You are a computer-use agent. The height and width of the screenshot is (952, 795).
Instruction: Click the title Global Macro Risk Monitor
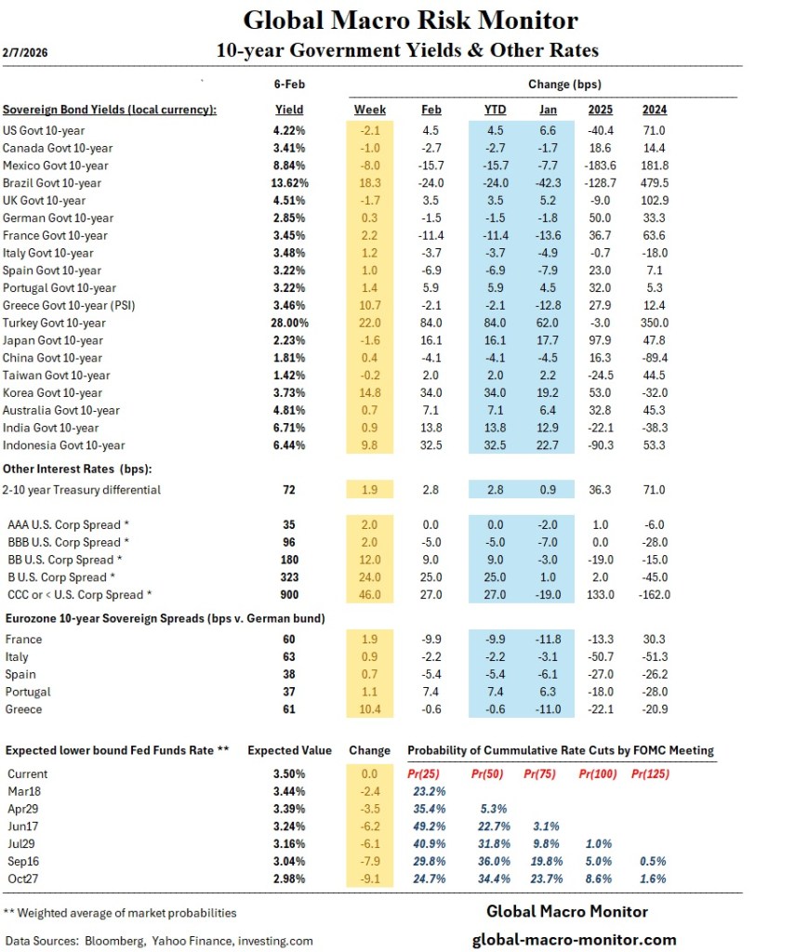[410, 20]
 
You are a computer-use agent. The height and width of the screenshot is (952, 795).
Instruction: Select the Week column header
[370, 109]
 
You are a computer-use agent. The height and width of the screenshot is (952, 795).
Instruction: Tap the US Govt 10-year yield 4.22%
[289, 131]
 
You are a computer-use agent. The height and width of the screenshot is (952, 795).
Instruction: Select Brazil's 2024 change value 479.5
[655, 183]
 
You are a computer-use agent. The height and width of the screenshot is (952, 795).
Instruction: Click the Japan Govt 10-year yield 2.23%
[289, 340]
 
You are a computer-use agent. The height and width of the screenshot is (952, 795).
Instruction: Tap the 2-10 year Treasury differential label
[83, 489]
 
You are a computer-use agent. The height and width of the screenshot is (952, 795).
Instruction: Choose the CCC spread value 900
[289, 594]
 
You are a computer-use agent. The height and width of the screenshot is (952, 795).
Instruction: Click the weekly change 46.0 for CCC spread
[370, 594]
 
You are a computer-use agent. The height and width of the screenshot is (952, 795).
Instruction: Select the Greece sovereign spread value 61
[289, 709]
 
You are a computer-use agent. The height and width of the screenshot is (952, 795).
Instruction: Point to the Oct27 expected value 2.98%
[289, 879]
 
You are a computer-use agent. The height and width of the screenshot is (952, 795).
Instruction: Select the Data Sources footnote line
[159, 941]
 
